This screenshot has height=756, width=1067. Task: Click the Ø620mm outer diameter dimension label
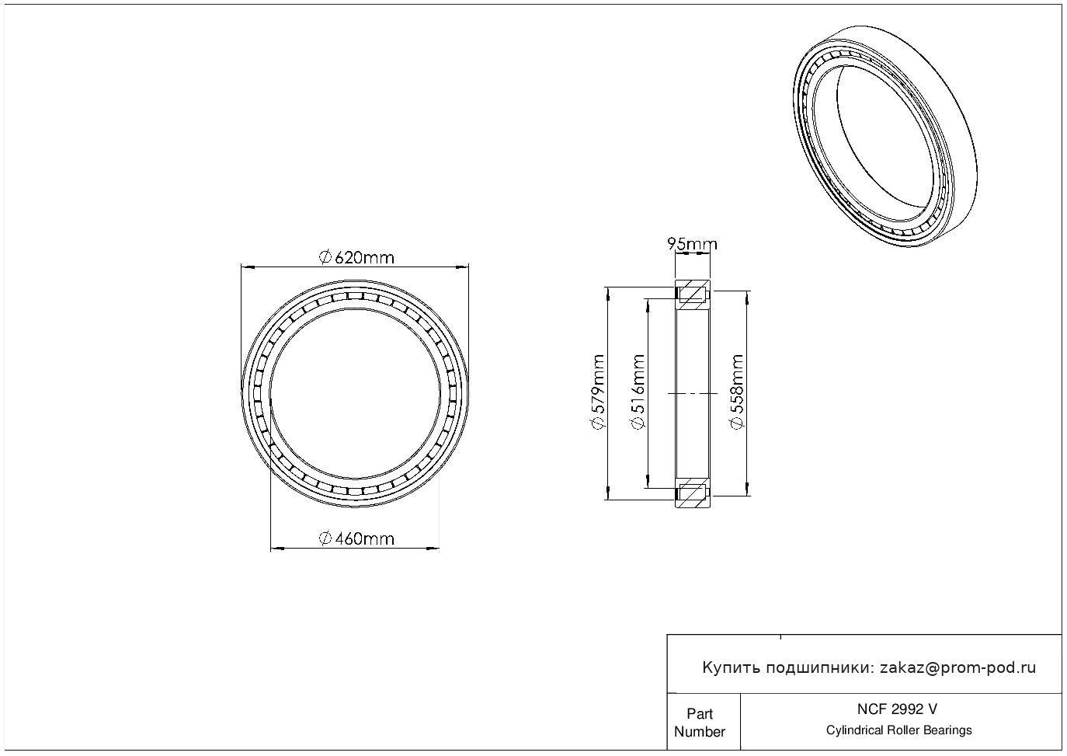[356, 258]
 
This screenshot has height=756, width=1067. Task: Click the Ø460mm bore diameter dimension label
[356, 539]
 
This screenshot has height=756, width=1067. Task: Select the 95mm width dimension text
[692, 244]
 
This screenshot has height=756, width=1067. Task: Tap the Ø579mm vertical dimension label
[598, 392]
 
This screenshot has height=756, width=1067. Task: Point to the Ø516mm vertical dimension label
[638, 392]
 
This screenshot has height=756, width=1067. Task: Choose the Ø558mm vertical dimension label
[737, 392]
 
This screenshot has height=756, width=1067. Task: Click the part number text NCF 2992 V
[898, 709]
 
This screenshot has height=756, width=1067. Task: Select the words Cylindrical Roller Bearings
[898, 730]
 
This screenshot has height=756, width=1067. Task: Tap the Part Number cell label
[700, 723]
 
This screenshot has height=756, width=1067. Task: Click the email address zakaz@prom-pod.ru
[958, 668]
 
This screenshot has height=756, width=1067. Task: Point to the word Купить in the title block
[732, 668]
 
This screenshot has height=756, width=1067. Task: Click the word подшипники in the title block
[816, 668]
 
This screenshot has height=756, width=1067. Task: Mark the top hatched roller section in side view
[693, 294]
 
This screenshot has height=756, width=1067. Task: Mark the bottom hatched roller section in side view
[693, 493]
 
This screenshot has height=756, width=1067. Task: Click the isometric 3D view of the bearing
[885, 136]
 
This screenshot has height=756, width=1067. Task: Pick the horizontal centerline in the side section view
[693, 394]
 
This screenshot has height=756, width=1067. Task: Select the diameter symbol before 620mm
[325, 258]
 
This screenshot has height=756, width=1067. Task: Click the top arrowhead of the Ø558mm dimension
[746, 298]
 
